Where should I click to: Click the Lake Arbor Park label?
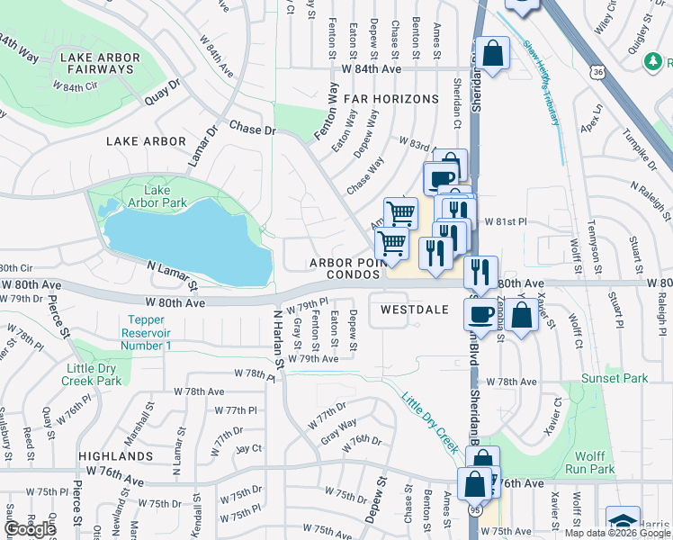(x=157, y=196)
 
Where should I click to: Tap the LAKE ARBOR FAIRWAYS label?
(x=100, y=65)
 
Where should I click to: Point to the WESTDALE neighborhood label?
(x=414, y=308)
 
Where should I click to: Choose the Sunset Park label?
(x=614, y=379)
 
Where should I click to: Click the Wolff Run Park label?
(x=590, y=462)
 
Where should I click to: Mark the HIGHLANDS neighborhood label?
(x=115, y=457)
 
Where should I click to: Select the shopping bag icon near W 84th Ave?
(x=493, y=52)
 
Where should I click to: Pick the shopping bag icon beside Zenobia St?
(x=522, y=315)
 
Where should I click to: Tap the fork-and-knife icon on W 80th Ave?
(x=482, y=270)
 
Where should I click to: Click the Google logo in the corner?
(x=29, y=529)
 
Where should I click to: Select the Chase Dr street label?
(x=252, y=130)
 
